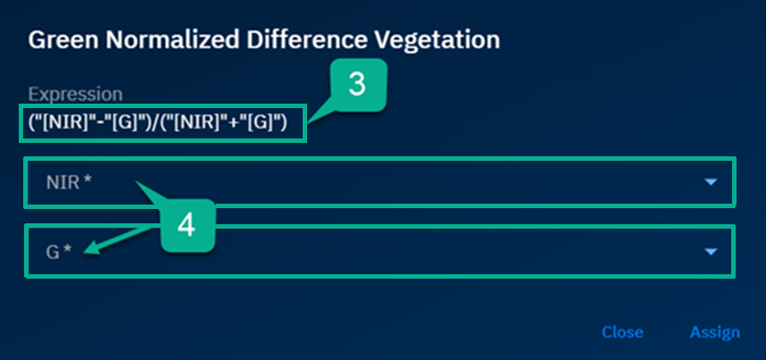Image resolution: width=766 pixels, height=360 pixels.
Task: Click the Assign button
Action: [715, 332]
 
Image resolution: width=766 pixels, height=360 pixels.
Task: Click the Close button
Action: [622, 332]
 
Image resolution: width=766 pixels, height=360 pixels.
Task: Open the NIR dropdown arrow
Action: [711, 182]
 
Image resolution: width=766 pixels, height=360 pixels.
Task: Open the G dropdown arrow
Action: [711, 252]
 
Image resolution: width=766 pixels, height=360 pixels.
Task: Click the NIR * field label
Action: [69, 182]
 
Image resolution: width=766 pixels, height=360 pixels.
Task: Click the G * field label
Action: [59, 252]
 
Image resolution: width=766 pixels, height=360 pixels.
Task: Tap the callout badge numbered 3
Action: [357, 85]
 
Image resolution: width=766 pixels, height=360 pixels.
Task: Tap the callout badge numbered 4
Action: [187, 226]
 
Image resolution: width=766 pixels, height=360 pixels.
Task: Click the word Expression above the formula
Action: [76, 94]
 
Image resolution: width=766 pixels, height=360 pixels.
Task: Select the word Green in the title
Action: [56, 40]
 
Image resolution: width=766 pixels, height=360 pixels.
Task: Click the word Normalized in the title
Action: [164, 40]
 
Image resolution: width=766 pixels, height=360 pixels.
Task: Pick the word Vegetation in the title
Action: [436, 40]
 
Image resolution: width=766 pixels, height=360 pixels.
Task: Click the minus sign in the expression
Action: [102, 123]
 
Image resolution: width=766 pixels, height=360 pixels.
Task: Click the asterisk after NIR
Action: [87, 180]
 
